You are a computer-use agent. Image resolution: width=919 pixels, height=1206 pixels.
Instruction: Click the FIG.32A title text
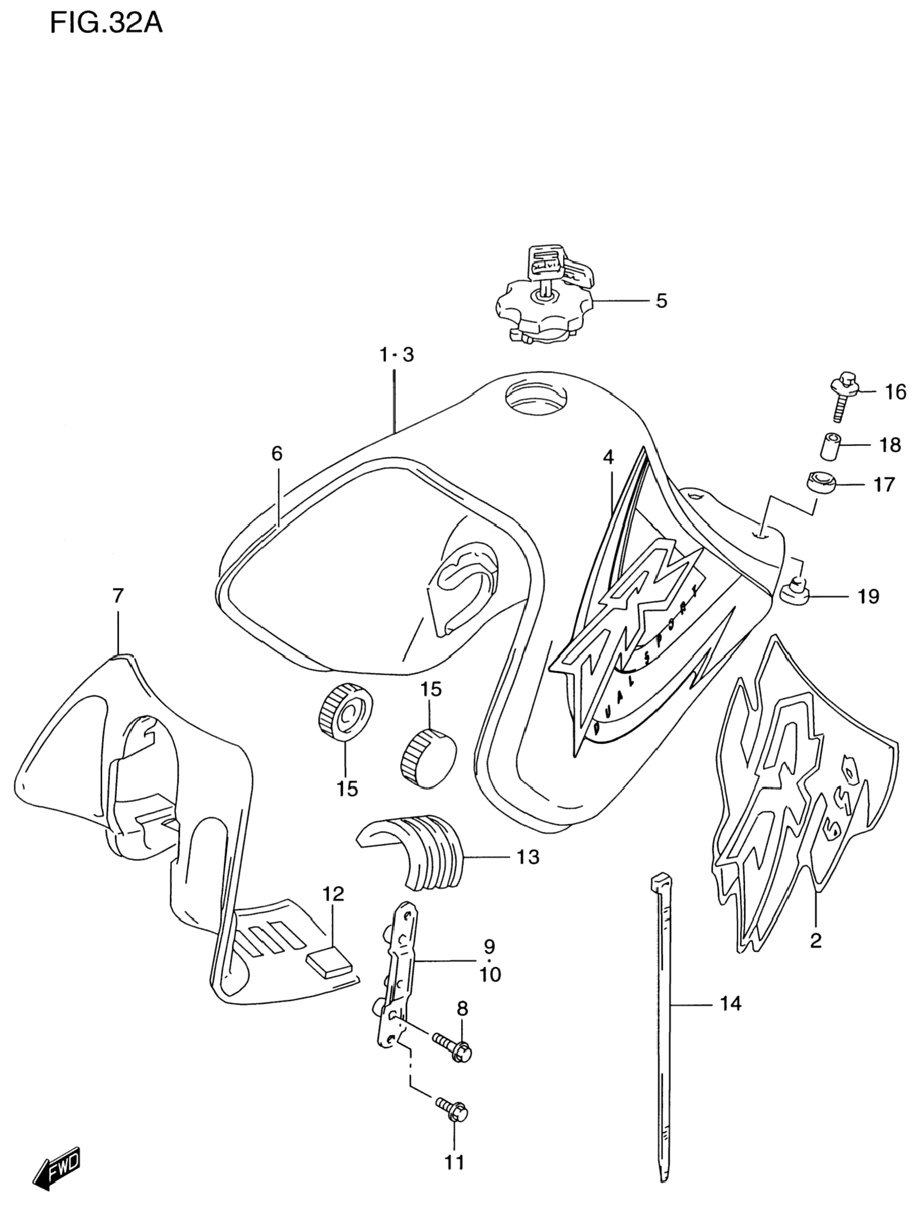click(106, 24)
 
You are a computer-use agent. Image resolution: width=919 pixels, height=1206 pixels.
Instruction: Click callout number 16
click(896, 392)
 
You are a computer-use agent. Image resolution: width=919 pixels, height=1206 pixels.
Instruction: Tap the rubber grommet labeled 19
click(795, 591)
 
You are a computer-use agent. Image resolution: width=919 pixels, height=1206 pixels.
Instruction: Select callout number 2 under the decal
click(816, 940)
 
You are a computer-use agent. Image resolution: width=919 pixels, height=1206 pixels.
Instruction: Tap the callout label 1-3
click(397, 355)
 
